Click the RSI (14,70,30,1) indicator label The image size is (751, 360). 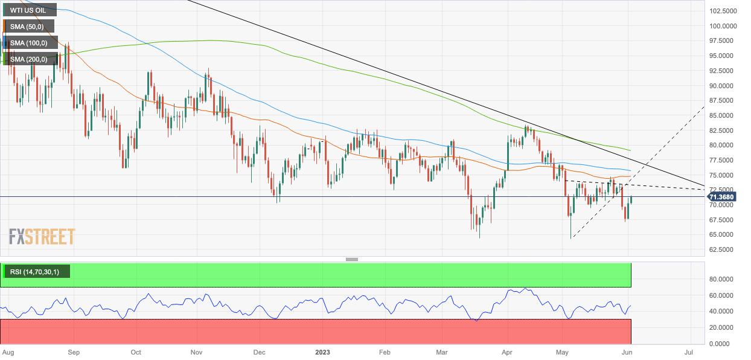coord(36,272)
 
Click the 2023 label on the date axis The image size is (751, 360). coord(323,351)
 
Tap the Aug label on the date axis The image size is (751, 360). coord(8,351)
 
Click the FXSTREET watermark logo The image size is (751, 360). coord(42,236)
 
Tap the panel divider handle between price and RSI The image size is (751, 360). coord(352,259)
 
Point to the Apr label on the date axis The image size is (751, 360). coord(507,351)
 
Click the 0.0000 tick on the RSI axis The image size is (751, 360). coord(722,344)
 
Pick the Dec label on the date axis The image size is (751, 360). coord(260,351)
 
